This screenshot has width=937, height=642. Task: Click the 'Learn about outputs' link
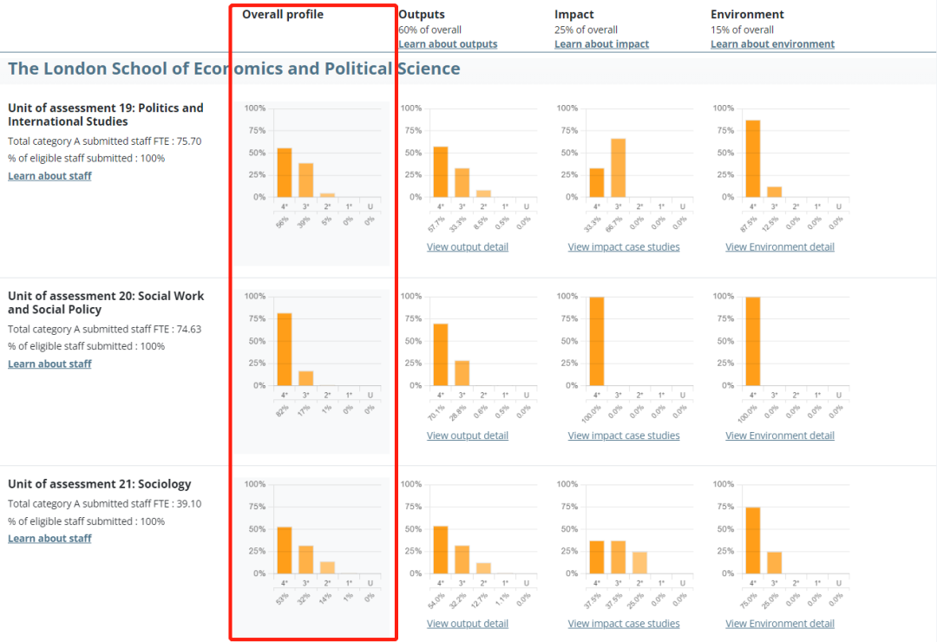point(448,44)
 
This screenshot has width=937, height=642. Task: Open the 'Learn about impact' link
point(601,44)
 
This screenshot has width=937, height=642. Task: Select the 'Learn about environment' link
point(772,44)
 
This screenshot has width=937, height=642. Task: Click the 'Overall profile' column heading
point(283,15)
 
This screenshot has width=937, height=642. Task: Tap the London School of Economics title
point(234,69)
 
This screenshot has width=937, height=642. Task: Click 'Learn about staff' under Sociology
point(49,539)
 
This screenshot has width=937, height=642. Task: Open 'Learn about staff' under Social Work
point(49,364)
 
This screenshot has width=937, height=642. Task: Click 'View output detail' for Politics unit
point(468,247)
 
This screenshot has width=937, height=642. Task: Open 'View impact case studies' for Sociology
point(624,624)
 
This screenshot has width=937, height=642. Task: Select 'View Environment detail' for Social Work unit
point(780,436)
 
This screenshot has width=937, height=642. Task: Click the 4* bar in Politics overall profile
point(285,173)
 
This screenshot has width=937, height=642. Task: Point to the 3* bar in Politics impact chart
point(618,167)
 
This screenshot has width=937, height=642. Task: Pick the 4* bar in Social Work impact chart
point(597,341)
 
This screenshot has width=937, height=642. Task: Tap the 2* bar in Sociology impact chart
point(639,562)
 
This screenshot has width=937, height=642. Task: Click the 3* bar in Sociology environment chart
point(774,562)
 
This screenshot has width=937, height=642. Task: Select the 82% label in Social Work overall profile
point(283,409)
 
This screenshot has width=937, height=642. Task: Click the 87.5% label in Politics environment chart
point(751,223)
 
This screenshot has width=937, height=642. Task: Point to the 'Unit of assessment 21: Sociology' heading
point(100,484)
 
